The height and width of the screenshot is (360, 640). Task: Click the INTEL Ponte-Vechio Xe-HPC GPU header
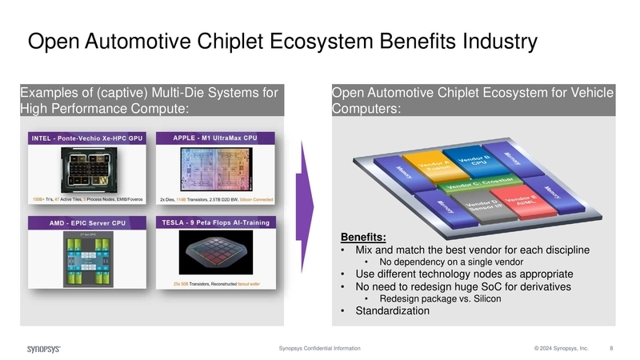click(x=86, y=138)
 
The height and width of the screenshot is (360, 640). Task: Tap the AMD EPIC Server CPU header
click(x=86, y=222)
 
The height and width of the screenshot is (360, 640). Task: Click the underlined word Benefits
click(x=363, y=237)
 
